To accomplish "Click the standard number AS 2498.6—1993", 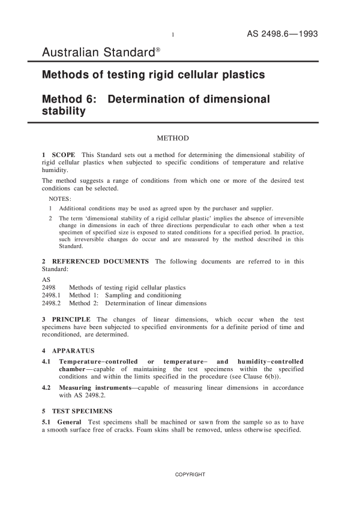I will [282, 34].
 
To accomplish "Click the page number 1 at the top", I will [173, 35].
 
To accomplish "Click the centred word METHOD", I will [173, 138].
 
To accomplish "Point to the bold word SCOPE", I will [64, 155].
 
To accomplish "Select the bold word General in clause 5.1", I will [70, 423].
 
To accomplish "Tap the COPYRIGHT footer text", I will [190, 475].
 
